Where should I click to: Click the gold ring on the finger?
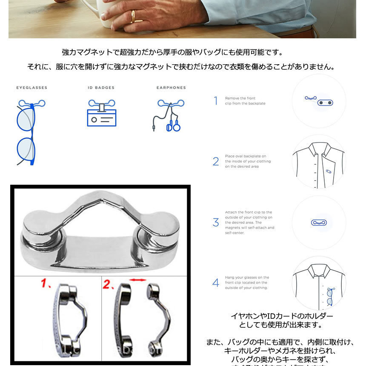pos(134,17)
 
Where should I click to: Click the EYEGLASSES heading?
pos(32,88)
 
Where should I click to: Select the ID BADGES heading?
pos(101,88)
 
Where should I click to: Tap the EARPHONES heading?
pos(171,88)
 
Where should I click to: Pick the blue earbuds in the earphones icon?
pos(173,126)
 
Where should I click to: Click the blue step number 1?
pos(216,101)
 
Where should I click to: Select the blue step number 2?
pos(216,162)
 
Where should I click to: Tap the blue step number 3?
pos(216,223)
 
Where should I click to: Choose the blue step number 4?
pos(216,283)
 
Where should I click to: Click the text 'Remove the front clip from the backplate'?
pos(245,101)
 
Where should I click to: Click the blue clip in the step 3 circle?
pos(319,223)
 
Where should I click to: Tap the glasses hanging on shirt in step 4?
pos(329,296)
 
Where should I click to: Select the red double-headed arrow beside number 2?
pos(137,280)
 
